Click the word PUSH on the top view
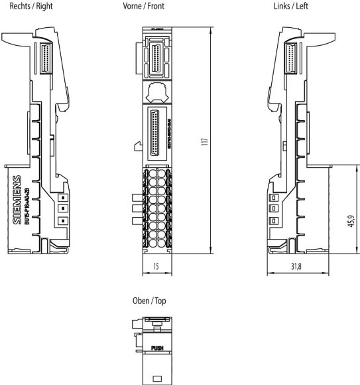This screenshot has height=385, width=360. tap(157, 346)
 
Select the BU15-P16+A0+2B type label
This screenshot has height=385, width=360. tap(27, 202)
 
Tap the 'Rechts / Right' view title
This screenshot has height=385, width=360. tap(27, 6)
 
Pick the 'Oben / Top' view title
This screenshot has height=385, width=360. tap(150, 301)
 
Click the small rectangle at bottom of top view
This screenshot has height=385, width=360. tap(157, 378)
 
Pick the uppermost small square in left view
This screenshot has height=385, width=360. tap(271, 198)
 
